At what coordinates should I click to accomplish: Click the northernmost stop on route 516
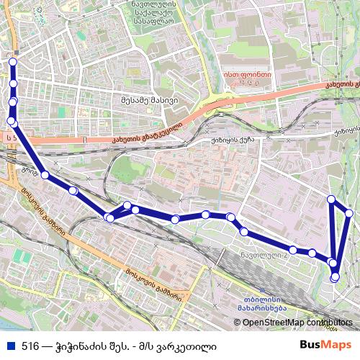coord(12,63)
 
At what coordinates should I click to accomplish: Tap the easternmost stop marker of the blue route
coord(350,213)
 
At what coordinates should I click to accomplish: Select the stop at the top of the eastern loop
coord(331,199)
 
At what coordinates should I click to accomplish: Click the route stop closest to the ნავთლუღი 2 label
coord(294,250)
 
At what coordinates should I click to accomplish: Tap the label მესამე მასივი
coord(149,100)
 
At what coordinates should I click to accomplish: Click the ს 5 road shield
coord(9,136)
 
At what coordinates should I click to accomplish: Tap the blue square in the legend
coord(9,346)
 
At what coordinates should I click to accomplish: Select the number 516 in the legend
coord(30,346)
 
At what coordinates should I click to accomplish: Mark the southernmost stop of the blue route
coord(335,277)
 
